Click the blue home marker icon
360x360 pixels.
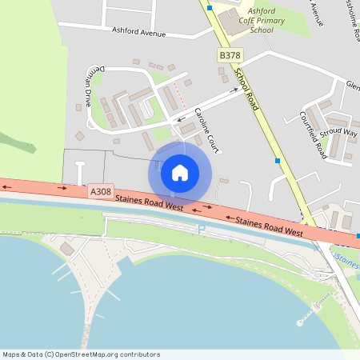(180, 172)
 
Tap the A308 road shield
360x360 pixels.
(101, 191)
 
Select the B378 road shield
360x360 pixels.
(230, 55)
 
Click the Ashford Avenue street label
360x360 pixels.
(138, 33)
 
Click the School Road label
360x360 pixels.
(248, 88)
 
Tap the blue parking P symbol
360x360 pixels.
(202, 230)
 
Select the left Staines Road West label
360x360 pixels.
(149, 202)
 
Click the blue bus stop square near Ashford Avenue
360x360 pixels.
(210, 8)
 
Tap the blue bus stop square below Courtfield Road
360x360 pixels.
(278, 161)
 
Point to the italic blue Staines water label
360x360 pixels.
(347, 258)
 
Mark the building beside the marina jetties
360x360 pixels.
(66, 250)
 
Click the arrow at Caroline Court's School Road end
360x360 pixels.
(234, 90)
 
